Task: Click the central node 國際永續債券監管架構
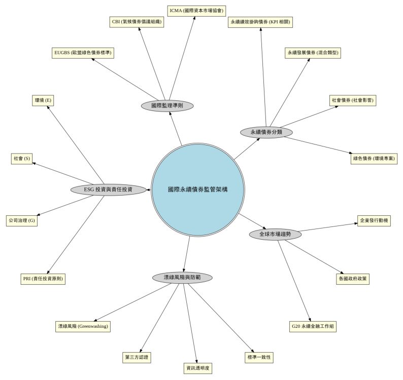[x=197, y=189]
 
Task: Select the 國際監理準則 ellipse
[x=167, y=105]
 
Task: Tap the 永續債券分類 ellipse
[x=266, y=132]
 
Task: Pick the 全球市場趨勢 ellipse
[x=276, y=235]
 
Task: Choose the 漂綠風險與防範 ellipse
[x=182, y=278]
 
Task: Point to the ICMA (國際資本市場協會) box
[x=197, y=10]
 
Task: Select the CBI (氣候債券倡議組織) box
[x=137, y=22]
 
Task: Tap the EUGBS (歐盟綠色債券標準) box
[x=84, y=53]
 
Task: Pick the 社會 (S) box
[x=22, y=159]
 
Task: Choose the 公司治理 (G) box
[x=22, y=221]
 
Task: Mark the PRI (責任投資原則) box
[x=44, y=279]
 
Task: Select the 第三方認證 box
[x=137, y=357]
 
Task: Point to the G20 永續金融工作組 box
[x=313, y=327]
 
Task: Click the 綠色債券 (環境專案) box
[x=375, y=159]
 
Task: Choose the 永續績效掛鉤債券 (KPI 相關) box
[x=261, y=22]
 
